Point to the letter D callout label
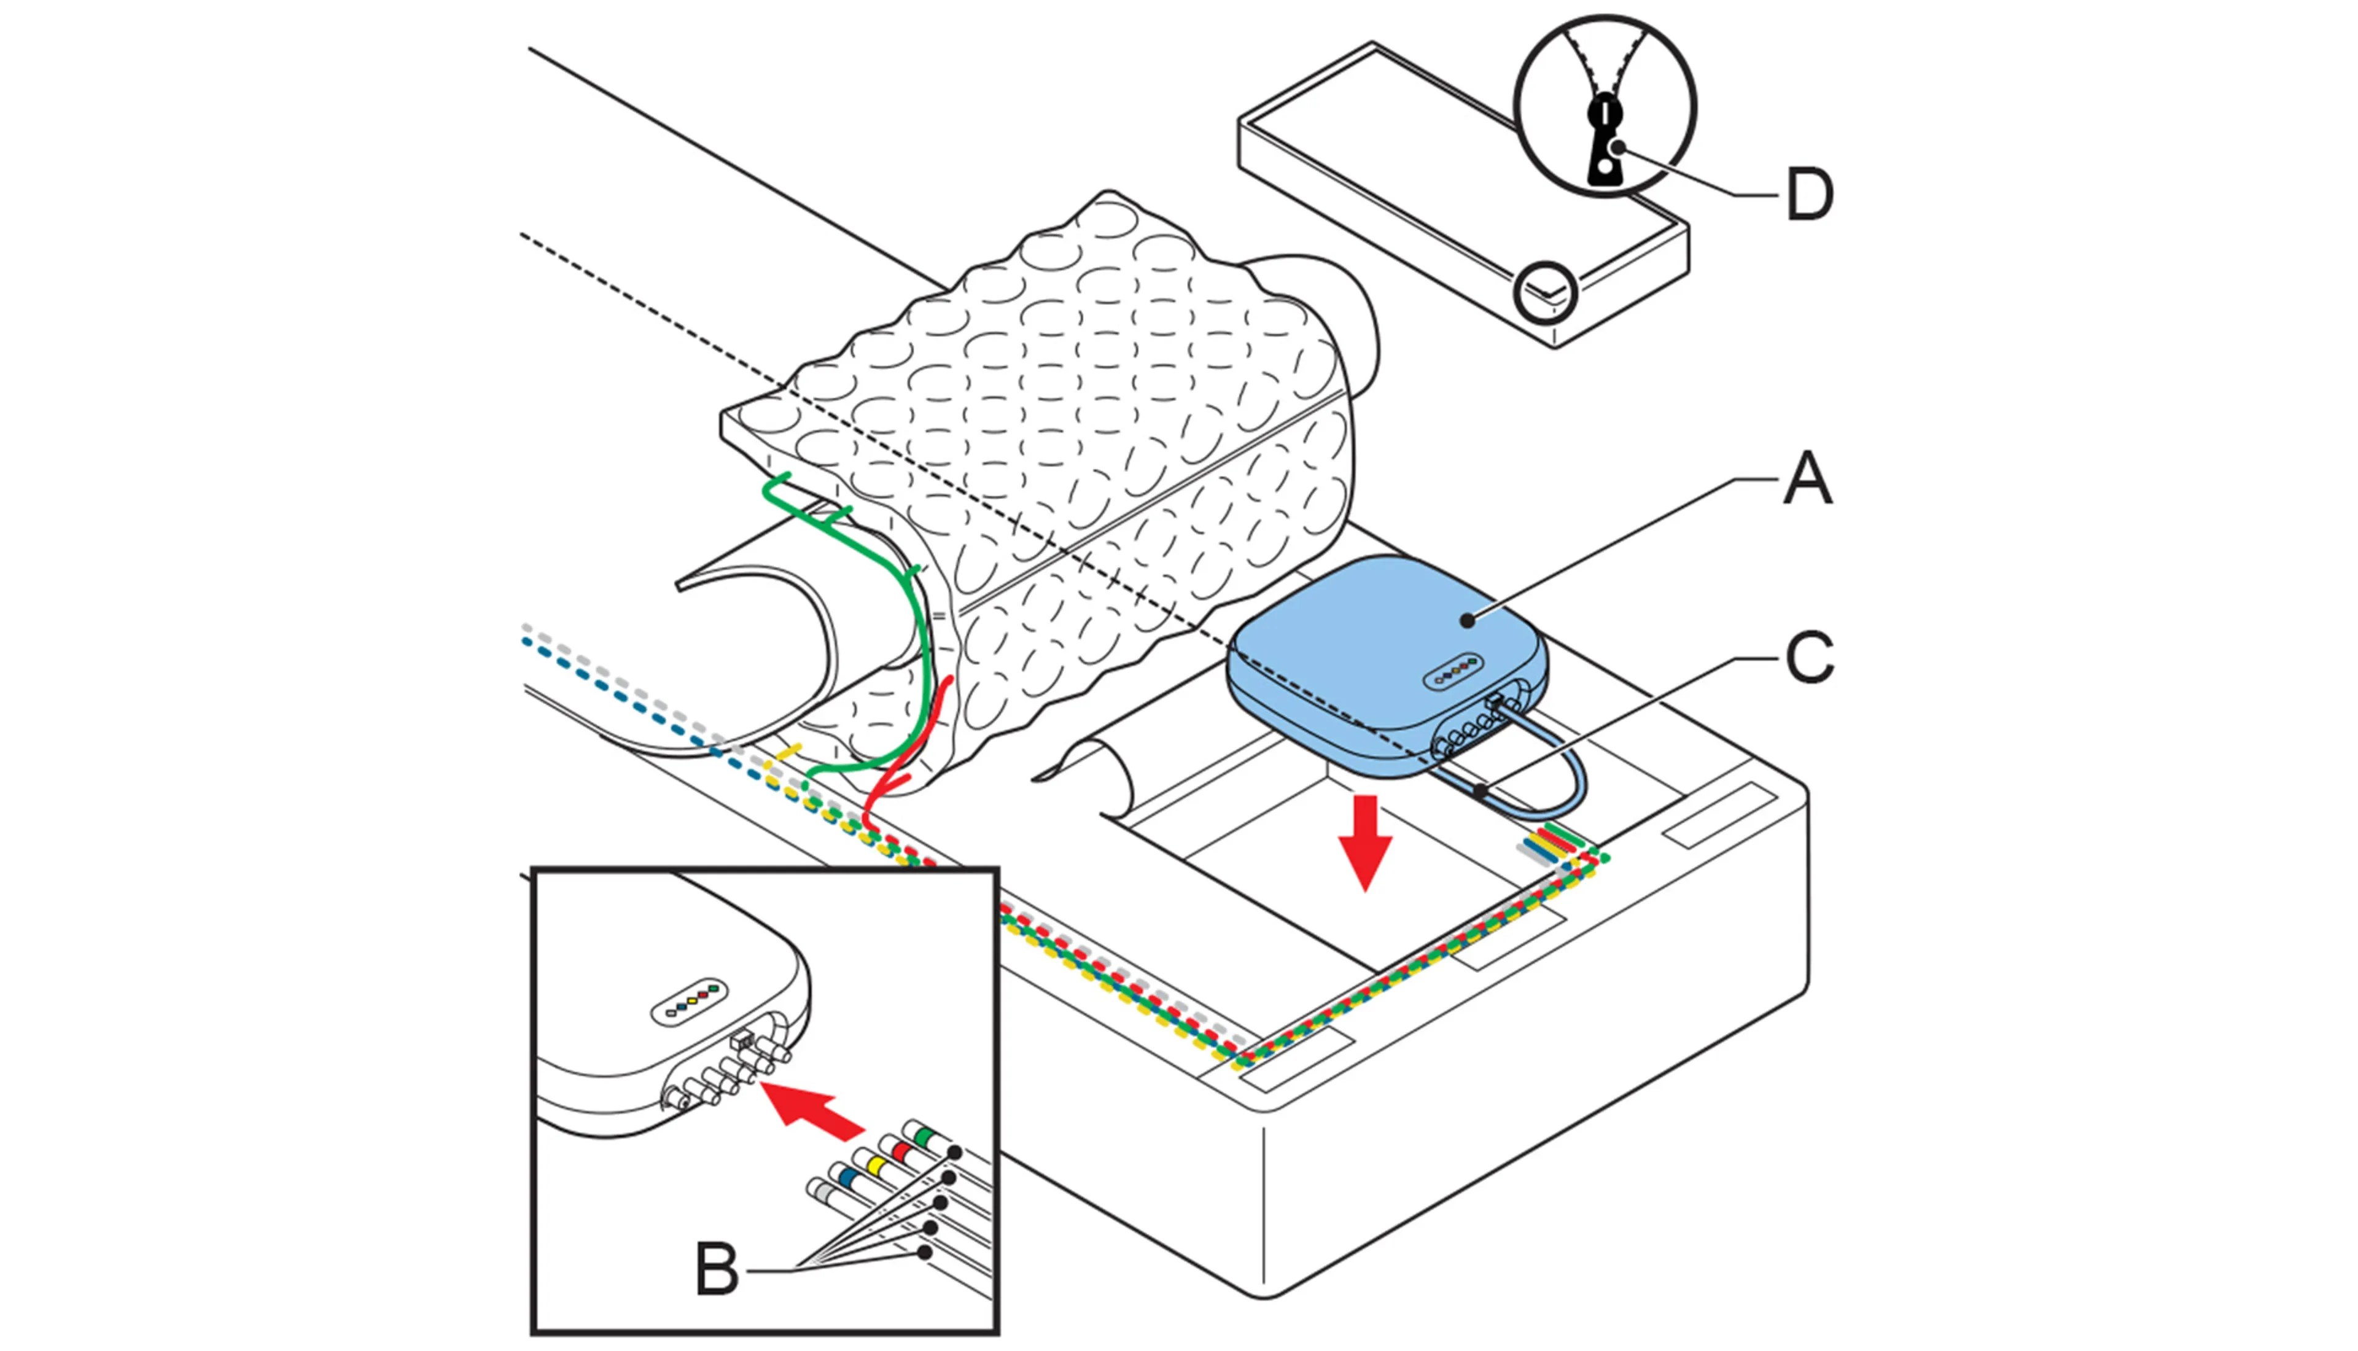[x=1810, y=195]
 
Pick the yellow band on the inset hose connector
[x=872, y=1162]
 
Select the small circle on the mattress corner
[x=1544, y=292]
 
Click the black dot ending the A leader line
[x=1466, y=619]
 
